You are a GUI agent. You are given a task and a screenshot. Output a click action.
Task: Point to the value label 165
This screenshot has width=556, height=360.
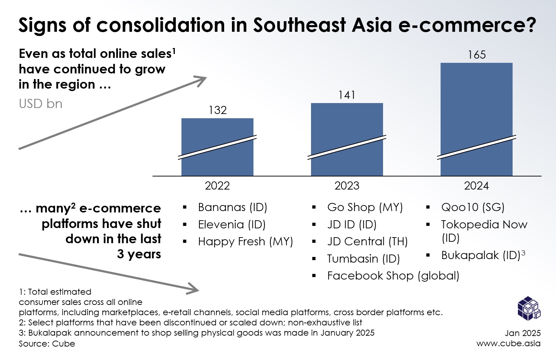(x=477, y=55)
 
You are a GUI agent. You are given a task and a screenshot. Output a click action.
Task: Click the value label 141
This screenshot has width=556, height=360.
(x=347, y=95)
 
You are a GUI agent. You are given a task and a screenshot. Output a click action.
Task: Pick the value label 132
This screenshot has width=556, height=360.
(x=217, y=110)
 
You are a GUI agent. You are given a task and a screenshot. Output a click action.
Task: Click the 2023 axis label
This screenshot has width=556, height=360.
(x=347, y=186)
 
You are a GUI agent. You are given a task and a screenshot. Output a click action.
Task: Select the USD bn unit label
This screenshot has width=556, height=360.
(x=41, y=104)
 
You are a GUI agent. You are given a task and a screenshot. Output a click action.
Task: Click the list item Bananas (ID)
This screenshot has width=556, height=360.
(x=232, y=207)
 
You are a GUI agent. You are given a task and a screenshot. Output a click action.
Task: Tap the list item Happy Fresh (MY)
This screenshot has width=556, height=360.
(x=245, y=241)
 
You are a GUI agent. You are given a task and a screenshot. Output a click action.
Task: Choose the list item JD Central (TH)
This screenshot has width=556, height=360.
(x=367, y=241)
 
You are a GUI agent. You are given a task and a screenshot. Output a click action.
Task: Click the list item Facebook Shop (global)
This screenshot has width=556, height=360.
(x=393, y=276)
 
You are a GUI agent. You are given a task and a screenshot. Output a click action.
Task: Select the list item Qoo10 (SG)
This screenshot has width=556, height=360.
(x=472, y=207)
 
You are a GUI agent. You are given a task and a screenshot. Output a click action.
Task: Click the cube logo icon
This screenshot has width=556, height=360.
(x=528, y=308)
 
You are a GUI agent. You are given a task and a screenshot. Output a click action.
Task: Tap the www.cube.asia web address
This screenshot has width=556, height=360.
(x=508, y=343)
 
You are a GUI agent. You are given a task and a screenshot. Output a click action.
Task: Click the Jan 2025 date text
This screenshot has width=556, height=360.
(x=522, y=333)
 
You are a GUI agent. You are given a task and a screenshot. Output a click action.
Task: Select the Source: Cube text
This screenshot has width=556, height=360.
(x=47, y=344)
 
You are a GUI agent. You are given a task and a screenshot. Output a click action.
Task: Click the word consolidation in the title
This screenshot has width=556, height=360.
(x=161, y=25)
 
